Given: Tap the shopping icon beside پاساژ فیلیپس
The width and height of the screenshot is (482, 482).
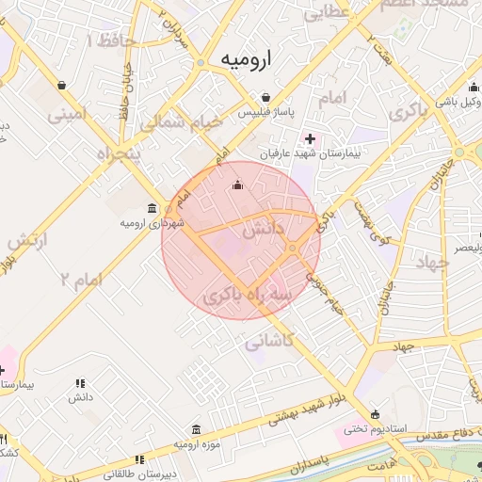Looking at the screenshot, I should coord(266,97).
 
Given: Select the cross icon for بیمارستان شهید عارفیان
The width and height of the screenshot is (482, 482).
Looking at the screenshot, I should coord(312,138).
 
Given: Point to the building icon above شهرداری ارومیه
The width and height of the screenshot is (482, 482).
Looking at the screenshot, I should coord(153,208).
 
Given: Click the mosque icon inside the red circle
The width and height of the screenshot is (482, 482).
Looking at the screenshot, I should coord(236,185).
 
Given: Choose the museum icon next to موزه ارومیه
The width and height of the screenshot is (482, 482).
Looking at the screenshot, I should coord(196,427).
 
